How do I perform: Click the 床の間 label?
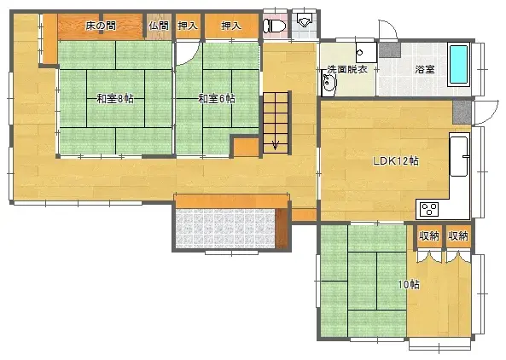tap(101, 26)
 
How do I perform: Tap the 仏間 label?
tap(159, 26)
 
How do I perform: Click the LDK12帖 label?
tap(395, 160)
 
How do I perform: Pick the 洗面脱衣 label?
tap(347, 69)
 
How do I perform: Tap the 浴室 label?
tap(424, 69)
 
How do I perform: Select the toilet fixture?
tap(274, 26)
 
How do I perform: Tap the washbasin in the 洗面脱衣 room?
tap(330, 83)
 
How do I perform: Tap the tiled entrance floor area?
tap(225, 229)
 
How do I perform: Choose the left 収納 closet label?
tap(428, 235)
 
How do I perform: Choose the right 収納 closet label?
tap(458, 235)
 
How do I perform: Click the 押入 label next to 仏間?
tap(188, 26)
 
